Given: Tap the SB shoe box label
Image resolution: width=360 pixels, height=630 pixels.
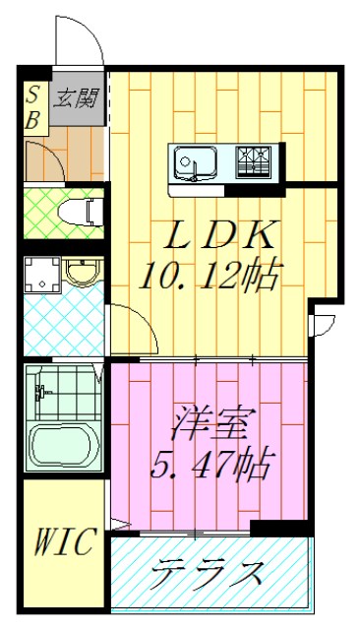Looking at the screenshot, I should pos(33,106).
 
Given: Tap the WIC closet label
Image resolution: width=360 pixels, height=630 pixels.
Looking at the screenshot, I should pos(65,542).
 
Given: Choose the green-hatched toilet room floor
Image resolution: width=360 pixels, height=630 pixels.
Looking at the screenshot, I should pos(49,211).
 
